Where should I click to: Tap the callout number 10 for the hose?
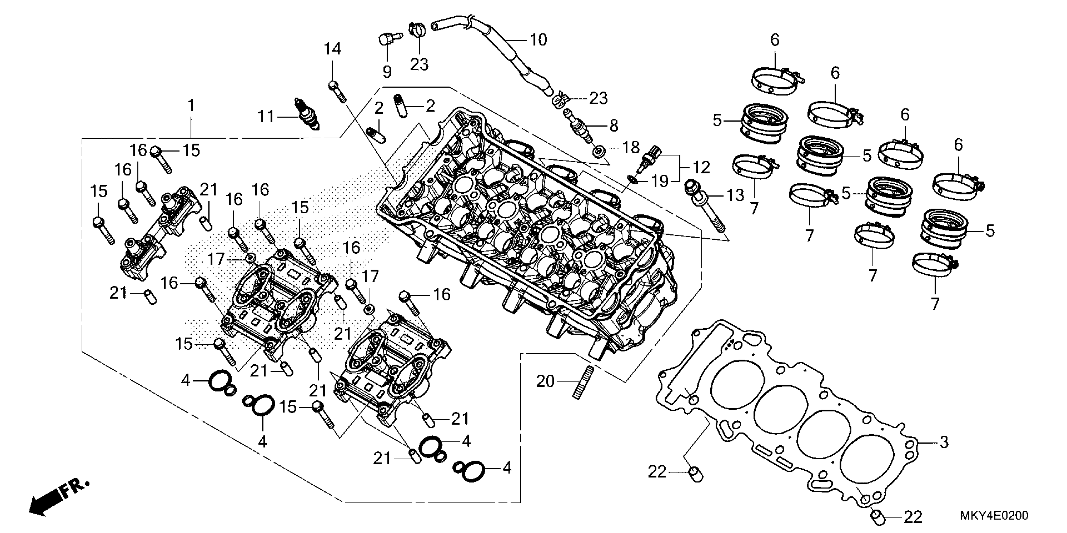coord(539,40)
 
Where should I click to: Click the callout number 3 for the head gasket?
coord(944,442)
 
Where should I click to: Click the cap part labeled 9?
coord(387,40)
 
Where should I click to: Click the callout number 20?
coord(545,382)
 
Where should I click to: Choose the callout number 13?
coord(736,195)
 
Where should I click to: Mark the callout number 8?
coord(614,125)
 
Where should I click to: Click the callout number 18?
coord(631,148)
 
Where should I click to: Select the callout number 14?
coord(332,49)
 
